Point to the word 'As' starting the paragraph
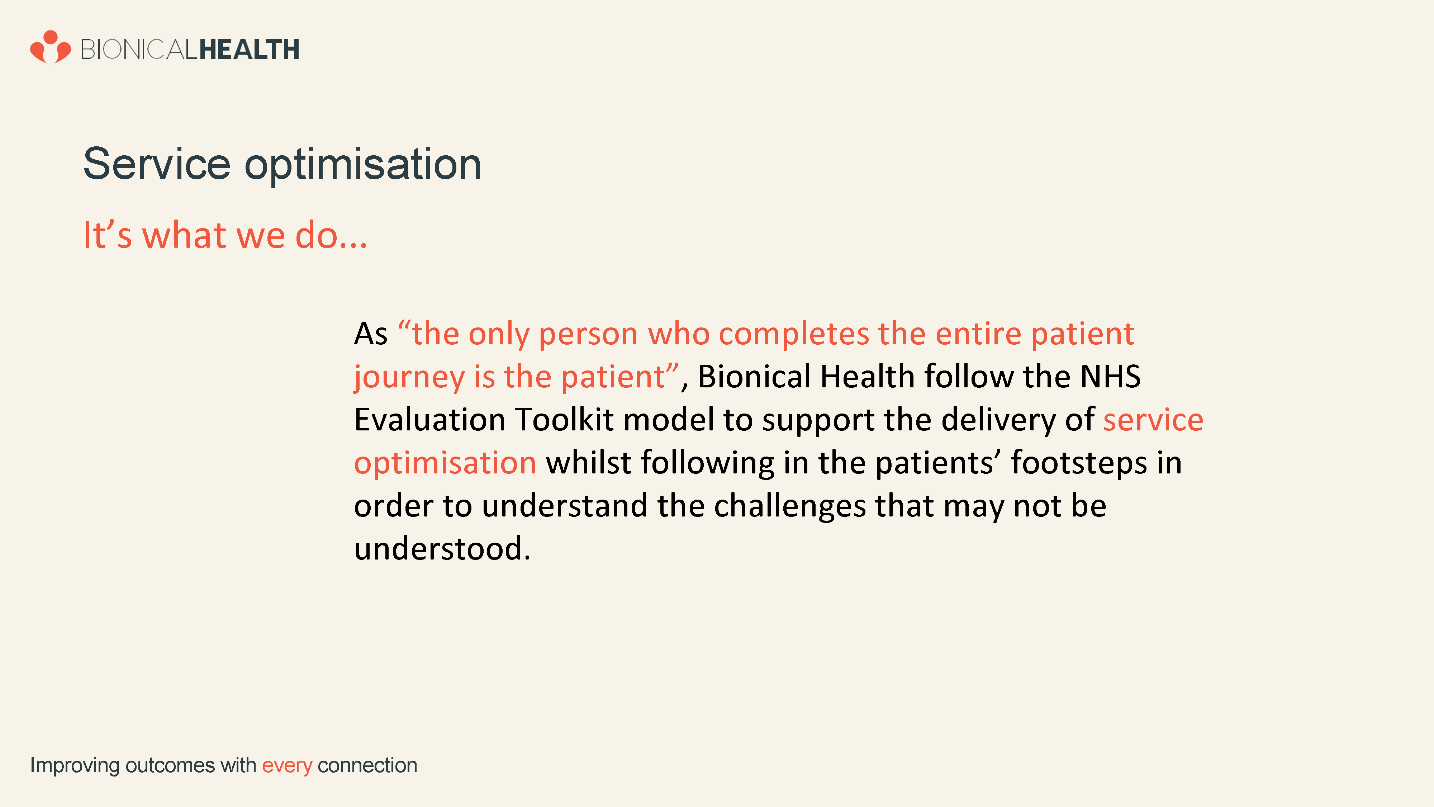pos(371,334)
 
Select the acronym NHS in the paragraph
pos(1110,377)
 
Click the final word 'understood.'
pos(442,549)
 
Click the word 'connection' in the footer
pos(367,766)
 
